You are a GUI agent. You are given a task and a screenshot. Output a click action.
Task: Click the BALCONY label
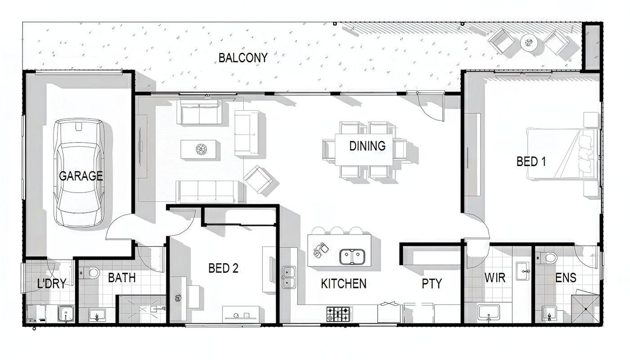243,58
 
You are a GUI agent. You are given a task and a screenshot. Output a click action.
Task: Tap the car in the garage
79,173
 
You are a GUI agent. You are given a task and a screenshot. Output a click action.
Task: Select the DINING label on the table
367,146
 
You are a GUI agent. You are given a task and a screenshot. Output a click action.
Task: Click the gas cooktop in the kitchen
338,314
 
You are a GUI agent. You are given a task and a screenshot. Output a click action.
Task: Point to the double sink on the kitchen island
352,256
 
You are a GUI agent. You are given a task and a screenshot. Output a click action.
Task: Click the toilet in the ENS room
547,257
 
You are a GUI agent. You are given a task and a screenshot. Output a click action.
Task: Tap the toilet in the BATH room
90,272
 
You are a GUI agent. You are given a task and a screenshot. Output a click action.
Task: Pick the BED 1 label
531,162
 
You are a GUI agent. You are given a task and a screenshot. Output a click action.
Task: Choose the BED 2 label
223,268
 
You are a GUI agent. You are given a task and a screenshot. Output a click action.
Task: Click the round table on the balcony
529,42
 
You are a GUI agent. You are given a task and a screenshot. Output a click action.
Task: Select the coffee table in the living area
198,149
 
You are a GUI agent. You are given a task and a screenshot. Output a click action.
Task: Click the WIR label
495,278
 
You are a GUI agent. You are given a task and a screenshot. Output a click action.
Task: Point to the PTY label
432,284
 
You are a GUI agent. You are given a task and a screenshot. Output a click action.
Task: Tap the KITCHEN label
344,284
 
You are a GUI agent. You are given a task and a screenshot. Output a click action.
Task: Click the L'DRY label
52,283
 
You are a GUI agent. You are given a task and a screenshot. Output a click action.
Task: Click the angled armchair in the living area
257,180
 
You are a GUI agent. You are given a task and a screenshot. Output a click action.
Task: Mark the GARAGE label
81,176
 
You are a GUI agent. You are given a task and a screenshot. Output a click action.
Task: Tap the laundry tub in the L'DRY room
66,314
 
